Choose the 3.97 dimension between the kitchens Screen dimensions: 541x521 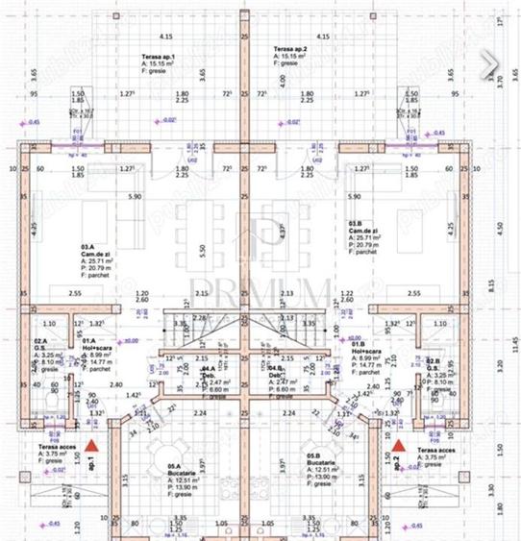click(x=255, y=465)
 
